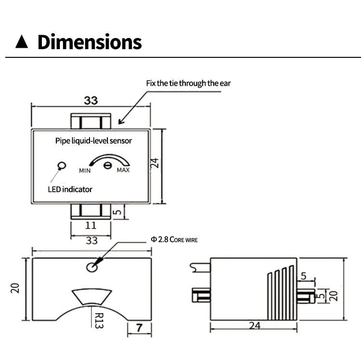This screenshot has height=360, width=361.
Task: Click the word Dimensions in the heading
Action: (90, 42)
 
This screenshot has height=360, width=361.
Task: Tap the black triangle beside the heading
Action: (22, 42)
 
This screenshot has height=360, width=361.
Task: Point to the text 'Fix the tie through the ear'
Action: (188, 83)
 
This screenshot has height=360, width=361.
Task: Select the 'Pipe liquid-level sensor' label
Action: (93, 141)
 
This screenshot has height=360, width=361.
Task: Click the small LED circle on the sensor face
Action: (62, 166)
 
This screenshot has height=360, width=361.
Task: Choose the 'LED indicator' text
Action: (70, 189)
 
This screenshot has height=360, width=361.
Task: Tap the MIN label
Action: (85, 171)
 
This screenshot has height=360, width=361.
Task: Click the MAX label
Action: (123, 170)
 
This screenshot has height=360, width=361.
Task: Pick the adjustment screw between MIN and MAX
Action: (107, 165)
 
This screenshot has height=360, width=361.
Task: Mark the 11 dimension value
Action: (90, 226)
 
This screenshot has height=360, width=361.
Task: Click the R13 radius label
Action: (99, 320)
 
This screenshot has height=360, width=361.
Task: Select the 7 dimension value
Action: (139, 328)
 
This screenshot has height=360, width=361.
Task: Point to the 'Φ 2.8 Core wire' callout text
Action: (174, 240)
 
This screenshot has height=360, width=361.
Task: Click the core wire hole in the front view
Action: (92, 267)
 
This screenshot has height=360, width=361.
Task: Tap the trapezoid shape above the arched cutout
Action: (91, 297)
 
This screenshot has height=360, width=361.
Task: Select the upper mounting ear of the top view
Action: (90, 121)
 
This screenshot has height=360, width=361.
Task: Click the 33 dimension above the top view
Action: (91, 101)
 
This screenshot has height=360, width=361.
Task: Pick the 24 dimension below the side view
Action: (255, 325)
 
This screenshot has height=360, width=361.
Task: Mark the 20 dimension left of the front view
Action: (15, 288)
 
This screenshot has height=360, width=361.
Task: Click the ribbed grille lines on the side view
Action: (281, 293)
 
